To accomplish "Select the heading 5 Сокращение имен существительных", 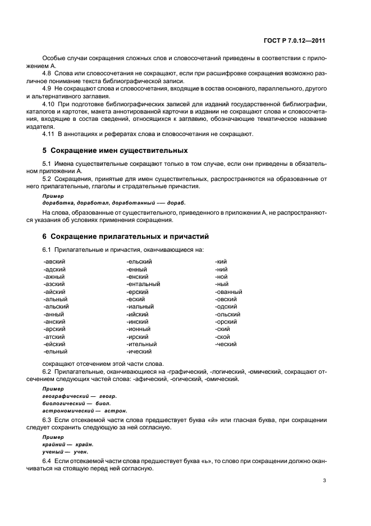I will click(x=115, y=151).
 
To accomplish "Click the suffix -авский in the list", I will click(x=54, y=261).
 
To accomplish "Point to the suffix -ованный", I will click(x=228, y=292).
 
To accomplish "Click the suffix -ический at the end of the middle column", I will click(x=139, y=352).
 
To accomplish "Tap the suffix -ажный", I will click(x=54, y=276).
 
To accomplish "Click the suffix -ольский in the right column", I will click(x=227, y=314).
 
